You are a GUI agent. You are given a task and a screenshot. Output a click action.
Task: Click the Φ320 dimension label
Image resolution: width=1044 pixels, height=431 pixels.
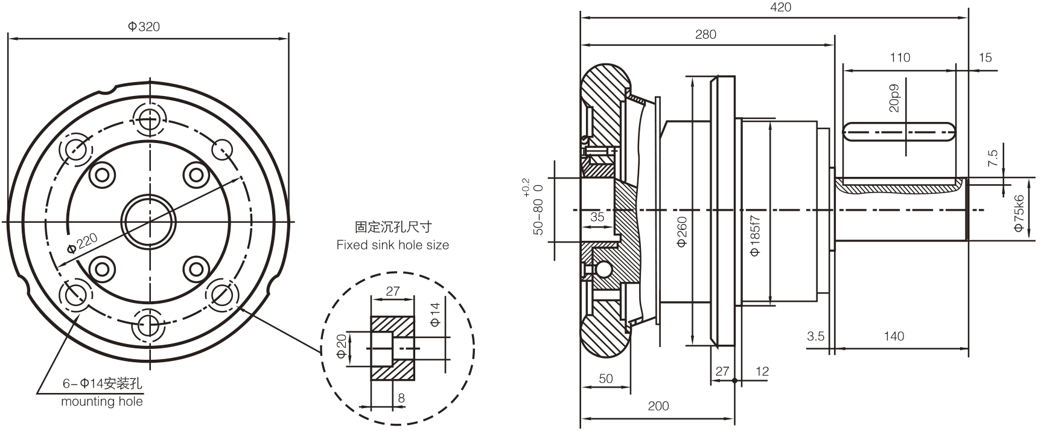[x=144, y=27]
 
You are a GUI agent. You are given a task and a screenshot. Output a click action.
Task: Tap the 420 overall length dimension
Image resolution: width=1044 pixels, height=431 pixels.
[x=780, y=7]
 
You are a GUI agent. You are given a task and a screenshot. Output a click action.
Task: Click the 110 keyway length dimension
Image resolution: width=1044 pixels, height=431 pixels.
[x=900, y=58]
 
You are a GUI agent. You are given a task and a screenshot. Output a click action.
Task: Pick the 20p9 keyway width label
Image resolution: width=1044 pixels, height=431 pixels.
[x=894, y=98]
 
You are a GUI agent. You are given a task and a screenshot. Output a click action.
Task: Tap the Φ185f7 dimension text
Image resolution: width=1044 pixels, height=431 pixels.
[x=755, y=235]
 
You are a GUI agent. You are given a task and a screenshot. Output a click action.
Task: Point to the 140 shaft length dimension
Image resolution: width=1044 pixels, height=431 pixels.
[x=894, y=336]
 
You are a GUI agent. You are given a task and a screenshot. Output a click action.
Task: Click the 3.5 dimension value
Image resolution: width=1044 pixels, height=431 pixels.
[x=815, y=336]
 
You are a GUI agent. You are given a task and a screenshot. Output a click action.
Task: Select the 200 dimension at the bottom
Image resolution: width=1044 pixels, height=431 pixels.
[x=658, y=406]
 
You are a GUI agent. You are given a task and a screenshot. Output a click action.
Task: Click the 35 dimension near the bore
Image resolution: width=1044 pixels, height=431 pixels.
[x=597, y=217]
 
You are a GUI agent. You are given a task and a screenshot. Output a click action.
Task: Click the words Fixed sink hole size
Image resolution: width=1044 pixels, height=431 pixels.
[x=392, y=245]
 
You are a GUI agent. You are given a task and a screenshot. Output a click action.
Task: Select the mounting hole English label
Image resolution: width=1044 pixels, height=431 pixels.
[x=102, y=401]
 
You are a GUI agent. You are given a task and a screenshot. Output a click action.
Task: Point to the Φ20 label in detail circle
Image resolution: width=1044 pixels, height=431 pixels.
[x=342, y=346]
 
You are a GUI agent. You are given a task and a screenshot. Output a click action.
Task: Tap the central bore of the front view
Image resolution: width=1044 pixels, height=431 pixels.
[x=149, y=222]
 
